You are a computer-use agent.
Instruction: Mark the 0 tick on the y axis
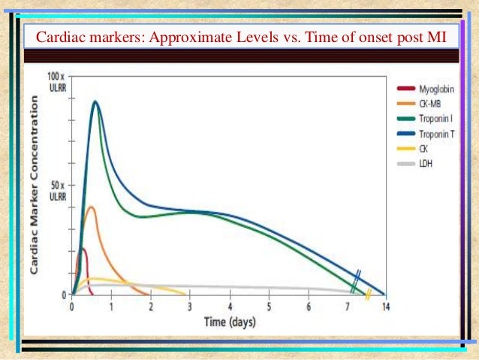click(65, 295)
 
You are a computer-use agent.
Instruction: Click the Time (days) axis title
click(230, 322)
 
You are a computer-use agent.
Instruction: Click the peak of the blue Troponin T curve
click(95, 101)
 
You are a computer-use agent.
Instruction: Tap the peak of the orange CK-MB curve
click(91, 207)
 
